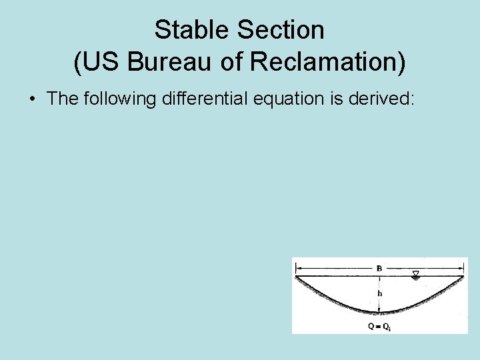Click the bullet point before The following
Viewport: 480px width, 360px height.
pos(33,99)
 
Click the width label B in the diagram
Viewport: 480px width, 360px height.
pos(379,268)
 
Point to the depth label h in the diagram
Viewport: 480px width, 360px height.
pos(380,293)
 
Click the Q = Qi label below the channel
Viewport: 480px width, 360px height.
pos(379,327)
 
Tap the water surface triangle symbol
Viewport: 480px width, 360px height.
pos(416,273)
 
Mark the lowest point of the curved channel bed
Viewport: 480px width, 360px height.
pos(379,312)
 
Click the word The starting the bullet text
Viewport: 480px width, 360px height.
pos(62,99)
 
